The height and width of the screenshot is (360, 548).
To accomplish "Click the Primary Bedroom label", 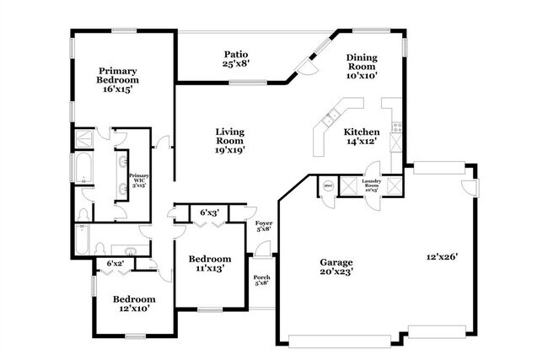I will point(117,78).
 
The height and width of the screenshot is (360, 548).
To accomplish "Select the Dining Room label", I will point(362,66).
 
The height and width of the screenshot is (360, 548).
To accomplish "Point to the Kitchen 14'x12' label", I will point(361,137).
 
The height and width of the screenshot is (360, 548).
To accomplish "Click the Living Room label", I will point(229,137).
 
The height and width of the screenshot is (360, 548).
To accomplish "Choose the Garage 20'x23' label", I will point(336,267).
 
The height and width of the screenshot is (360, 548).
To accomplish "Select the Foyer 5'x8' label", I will point(264,225).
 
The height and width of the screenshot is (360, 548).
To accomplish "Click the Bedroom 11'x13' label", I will point(209,263).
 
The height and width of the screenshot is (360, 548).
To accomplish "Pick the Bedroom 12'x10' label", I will point(134,304).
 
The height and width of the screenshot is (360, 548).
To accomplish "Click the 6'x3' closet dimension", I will point(209,212).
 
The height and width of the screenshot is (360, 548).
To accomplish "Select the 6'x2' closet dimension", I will point(115,264).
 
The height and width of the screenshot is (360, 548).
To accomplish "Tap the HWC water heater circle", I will point(327,185).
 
